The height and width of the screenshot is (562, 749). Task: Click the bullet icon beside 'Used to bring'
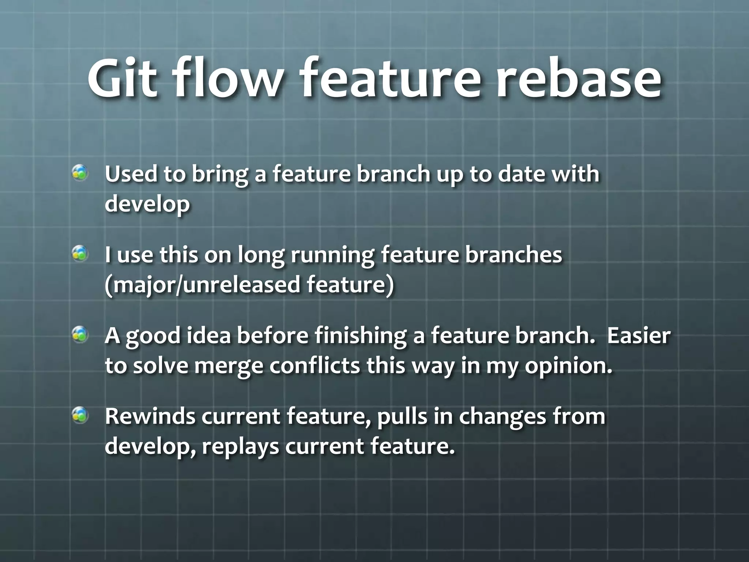80,173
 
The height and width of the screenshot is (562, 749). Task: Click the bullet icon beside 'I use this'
80,254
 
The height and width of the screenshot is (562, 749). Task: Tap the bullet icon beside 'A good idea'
80,334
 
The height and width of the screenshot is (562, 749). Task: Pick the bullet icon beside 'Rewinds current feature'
80,415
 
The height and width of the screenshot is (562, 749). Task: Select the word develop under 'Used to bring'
147,204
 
